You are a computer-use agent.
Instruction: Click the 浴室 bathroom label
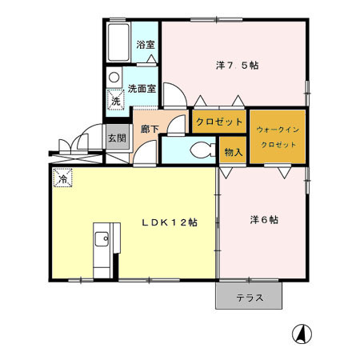click(145, 46)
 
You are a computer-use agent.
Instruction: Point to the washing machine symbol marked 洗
click(117, 101)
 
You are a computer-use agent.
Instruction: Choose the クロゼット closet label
click(218, 122)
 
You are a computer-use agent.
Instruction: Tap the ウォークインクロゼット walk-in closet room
click(277, 136)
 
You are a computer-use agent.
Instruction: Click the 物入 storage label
click(233, 152)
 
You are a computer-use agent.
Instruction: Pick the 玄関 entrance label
click(117, 138)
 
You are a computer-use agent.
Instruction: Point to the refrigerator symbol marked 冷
click(62, 179)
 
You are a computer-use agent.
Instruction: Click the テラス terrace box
click(249, 298)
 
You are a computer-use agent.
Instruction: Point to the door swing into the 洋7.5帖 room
click(178, 97)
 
